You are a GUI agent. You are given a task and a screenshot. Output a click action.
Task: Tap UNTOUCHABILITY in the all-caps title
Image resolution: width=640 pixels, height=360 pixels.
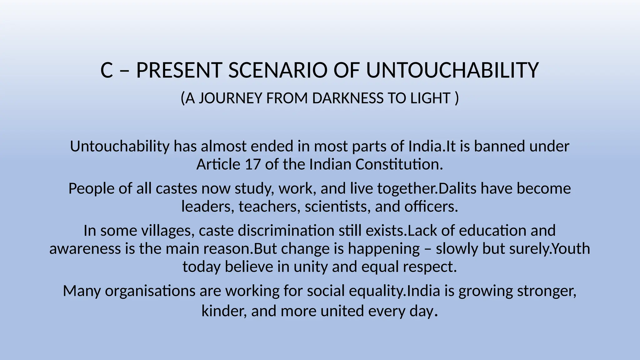pos(452,70)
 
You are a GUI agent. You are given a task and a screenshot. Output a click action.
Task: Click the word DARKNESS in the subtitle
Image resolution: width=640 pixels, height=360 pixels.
pos(347,98)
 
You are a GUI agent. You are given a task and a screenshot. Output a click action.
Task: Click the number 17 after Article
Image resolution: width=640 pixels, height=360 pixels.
pos(252,164)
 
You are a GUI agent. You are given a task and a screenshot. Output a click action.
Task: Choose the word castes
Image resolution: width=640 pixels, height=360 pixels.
pos(177,188)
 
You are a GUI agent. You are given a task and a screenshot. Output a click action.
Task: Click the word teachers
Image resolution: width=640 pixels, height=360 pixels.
pos(267,207)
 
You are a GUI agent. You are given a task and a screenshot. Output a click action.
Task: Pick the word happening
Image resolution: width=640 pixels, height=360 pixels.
pos(384,249)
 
